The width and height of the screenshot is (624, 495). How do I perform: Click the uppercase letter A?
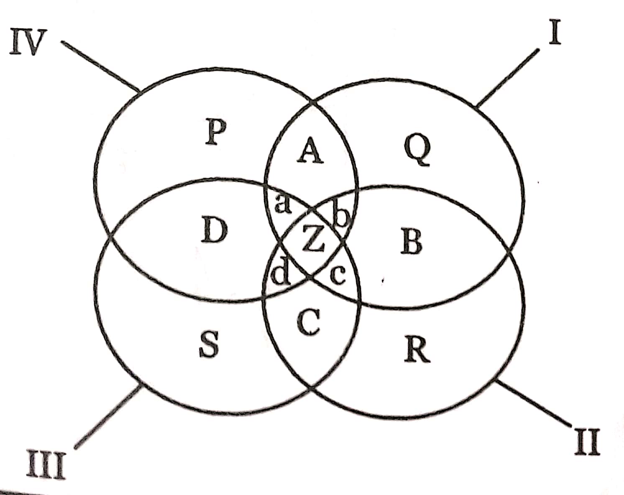click(x=310, y=151)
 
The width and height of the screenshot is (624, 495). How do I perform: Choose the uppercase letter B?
click(x=412, y=241)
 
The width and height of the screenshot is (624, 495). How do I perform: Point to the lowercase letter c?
click(x=338, y=274)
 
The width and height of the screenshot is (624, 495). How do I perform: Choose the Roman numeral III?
click(x=46, y=463)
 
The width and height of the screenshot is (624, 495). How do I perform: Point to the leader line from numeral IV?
click(x=100, y=66)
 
